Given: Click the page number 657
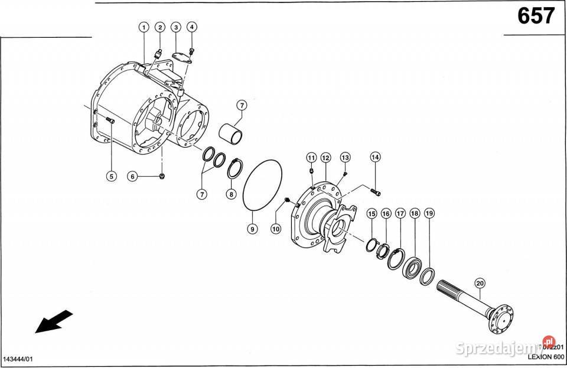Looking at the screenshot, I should point(536,16).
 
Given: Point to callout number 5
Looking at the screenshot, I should point(110,175).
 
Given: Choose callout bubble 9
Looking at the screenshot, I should point(252,229).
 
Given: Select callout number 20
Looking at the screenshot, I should point(480,283).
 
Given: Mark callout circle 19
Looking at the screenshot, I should point(429,213).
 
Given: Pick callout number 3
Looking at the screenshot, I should point(176,27).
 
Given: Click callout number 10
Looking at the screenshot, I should point(275,228).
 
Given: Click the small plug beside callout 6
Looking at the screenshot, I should point(163,176).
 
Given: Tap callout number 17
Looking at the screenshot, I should point(400,213).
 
